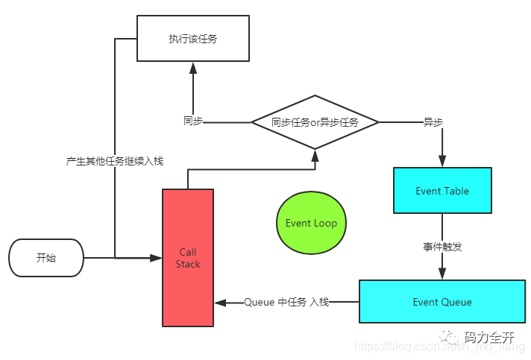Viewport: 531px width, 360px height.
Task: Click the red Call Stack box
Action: [x=188, y=258]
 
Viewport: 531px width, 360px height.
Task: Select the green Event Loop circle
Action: [x=311, y=223]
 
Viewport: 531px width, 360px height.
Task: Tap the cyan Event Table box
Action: [x=442, y=192]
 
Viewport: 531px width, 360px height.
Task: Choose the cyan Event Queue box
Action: [x=442, y=302]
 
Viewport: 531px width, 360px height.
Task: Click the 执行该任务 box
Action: [x=192, y=39]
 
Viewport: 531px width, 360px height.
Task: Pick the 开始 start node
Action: [x=46, y=258]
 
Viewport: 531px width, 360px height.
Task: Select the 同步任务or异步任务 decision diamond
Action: [x=315, y=122]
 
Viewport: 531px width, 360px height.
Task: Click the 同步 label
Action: [x=192, y=121]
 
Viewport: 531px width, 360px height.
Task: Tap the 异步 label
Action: [x=433, y=121]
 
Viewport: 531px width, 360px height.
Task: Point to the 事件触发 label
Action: [x=442, y=247]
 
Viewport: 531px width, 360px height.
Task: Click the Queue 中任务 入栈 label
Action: [x=286, y=302]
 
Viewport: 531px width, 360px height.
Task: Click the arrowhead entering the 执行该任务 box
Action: [x=192, y=68]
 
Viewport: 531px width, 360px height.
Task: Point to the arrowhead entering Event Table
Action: [x=442, y=161]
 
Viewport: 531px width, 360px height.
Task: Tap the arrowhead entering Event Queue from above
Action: [x=442, y=274]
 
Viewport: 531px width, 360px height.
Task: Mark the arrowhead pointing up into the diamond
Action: [x=315, y=155]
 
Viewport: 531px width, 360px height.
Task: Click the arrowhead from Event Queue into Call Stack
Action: [x=221, y=303]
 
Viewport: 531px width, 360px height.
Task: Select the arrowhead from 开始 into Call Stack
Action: [x=156, y=258]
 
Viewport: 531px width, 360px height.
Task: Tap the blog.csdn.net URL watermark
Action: [x=439, y=348]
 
